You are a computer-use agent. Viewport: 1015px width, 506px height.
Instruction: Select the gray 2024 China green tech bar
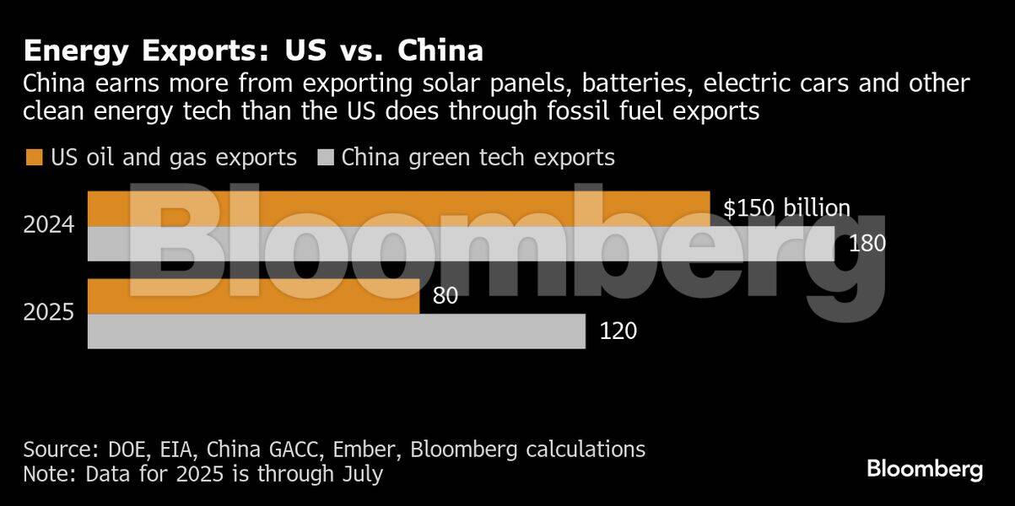coord(461,244)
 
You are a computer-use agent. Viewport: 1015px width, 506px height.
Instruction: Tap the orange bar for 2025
coord(254,297)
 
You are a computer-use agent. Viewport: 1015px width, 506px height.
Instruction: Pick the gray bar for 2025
coord(337,331)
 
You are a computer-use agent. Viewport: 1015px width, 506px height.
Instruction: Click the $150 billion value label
coord(786,208)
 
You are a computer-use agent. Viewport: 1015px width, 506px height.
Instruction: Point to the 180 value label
coord(867,245)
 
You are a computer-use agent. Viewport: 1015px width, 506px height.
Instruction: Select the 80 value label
coord(445,297)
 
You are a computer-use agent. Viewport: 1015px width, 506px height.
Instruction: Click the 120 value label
coord(618,331)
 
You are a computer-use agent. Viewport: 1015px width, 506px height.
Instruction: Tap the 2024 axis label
coord(50,226)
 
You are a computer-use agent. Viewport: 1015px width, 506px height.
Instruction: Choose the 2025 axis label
coord(50,314)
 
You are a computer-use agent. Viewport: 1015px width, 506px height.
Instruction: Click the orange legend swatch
coord(34,158)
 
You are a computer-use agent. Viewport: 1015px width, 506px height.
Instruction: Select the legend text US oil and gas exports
coord(173,158)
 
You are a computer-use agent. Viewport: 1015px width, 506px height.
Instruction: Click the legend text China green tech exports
coord(478,158)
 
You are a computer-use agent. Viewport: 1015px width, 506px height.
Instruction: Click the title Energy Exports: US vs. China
coord(253,51)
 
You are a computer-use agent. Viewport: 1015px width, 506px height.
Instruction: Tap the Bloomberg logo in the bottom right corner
coord(924,469)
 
